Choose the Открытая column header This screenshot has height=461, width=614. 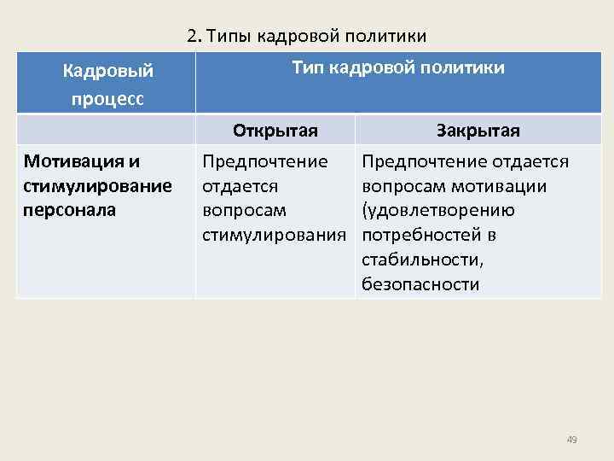point(275,131)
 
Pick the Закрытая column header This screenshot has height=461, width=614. point(478,131)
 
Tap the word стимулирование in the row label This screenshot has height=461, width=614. point(97,185)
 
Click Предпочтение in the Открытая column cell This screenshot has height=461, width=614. point(265,160)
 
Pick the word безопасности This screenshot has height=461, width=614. point(420,284)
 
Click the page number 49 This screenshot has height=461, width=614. point(571,440)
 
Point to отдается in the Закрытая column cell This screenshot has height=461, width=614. point(533,160)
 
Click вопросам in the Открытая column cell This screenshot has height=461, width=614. point(238,210)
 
